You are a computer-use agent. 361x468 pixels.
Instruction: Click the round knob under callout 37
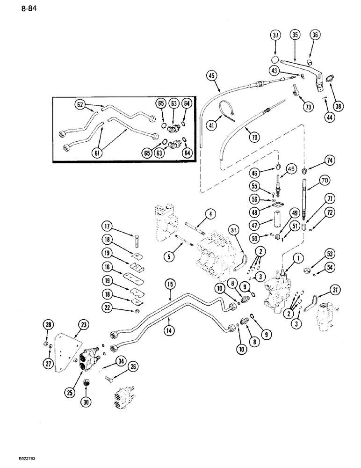pyautogui.click(x=276, y=60)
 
